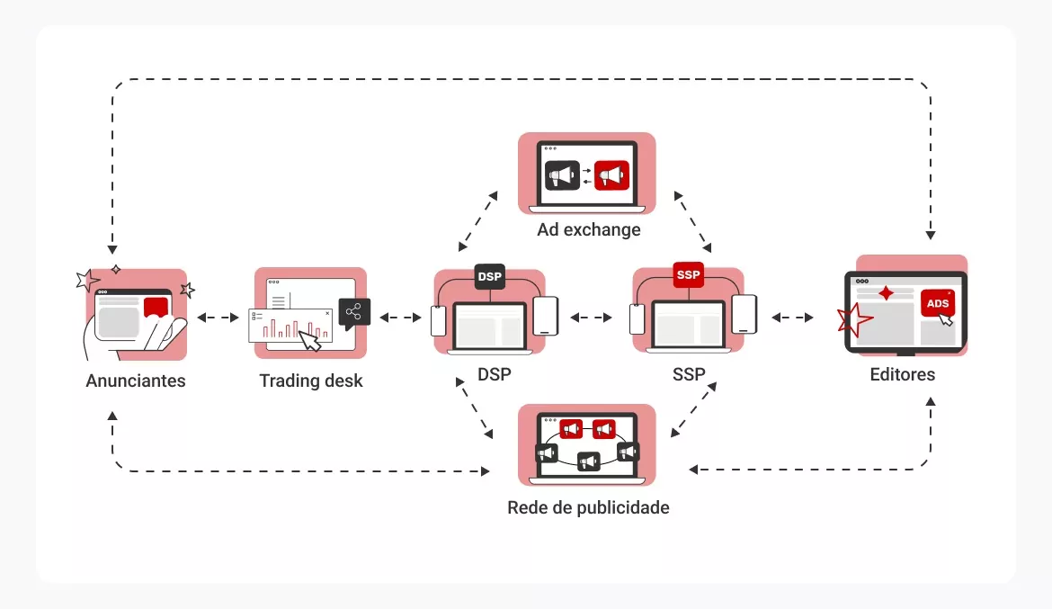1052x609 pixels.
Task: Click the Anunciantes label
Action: point(136,381)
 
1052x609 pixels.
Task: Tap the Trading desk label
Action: point(311,381)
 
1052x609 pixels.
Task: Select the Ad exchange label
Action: point(589,229)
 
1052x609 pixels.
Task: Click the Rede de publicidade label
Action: point(588,507)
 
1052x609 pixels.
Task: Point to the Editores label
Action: point(902,374)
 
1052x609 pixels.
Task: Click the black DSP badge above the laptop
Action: point(490,275)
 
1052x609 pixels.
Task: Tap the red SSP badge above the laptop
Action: point(688,274)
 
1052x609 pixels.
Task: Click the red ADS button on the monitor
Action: point(937,304)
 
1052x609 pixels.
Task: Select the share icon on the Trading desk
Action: point(354,312)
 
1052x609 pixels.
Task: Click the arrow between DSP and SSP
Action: point(591,318)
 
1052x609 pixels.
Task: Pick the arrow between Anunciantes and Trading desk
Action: point(218,318)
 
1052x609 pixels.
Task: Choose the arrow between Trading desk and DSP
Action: point(400,318)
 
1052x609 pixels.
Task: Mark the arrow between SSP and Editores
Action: point(792,318)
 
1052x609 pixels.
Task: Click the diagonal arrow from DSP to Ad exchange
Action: point(477,220)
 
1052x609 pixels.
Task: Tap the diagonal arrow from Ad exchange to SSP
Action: point(695,220)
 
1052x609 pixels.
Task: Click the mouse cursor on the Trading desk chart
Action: point(310,341)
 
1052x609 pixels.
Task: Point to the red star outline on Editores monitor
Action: point(854,319)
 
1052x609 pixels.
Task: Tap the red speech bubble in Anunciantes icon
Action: point(156,309)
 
